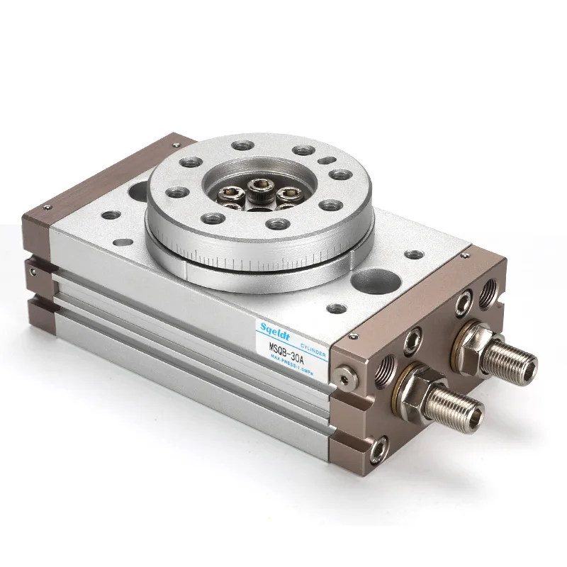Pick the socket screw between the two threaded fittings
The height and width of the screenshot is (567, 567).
[x=412, y=342]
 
